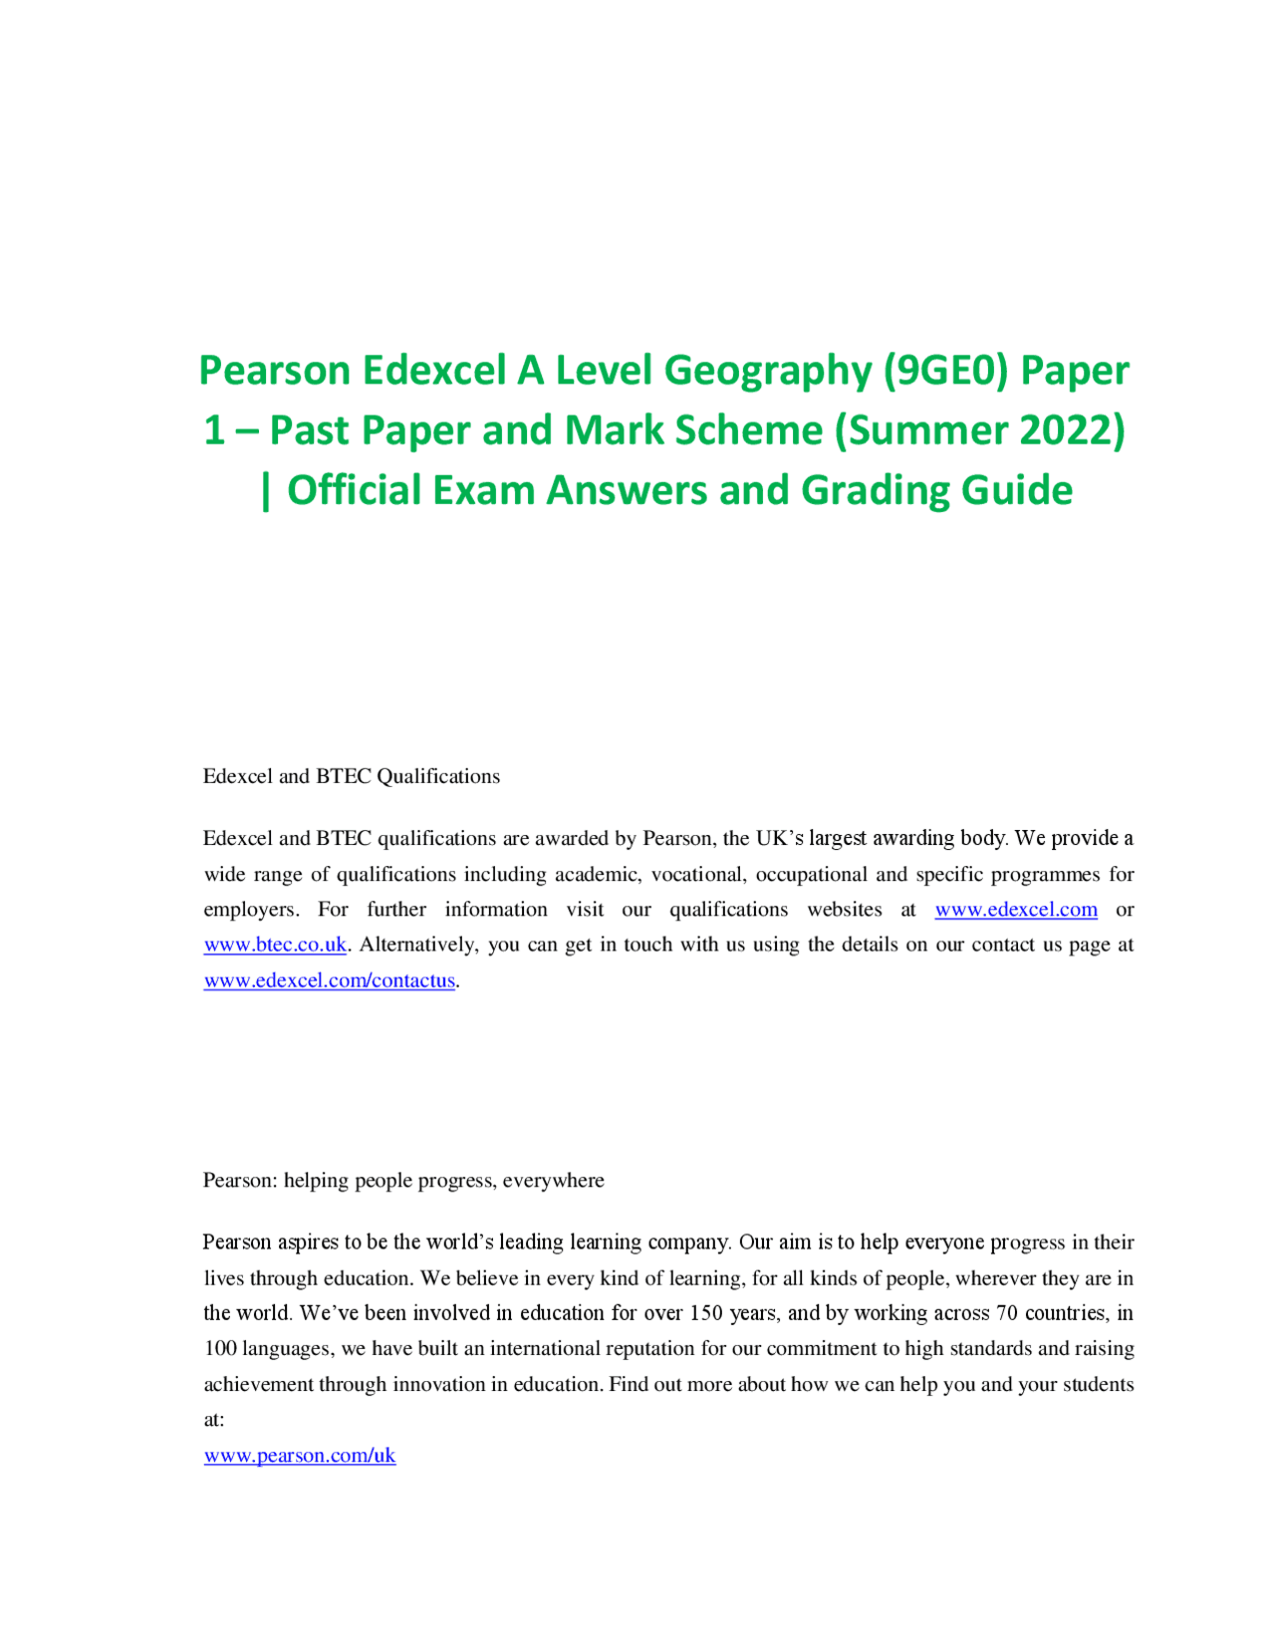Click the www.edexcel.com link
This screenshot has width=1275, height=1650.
click(x=1015, y=910)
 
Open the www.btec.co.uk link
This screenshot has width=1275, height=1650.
click(x=275, y=945)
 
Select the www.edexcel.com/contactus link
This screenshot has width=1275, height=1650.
click(x=329, y=980)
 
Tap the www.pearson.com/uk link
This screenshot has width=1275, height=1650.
click(x=299, y=1456)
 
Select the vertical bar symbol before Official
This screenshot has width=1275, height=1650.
click(x=266, y=491)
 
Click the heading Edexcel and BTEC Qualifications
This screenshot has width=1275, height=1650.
click(x=351, y=776)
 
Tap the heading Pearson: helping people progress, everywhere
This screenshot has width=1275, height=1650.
click(x=403, y=1181)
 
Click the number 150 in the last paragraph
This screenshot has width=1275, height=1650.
click(x=705, y=1313)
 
